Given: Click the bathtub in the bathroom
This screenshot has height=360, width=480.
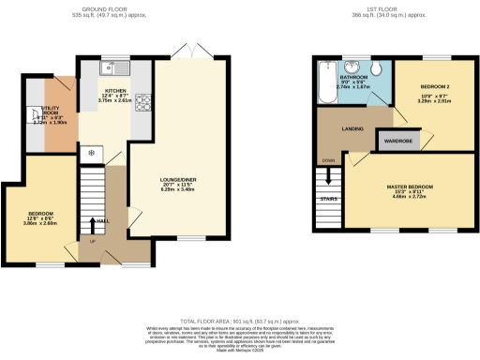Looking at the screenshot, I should tap(325, 83).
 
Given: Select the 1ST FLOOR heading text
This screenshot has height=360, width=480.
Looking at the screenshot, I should tap(374, 9).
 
